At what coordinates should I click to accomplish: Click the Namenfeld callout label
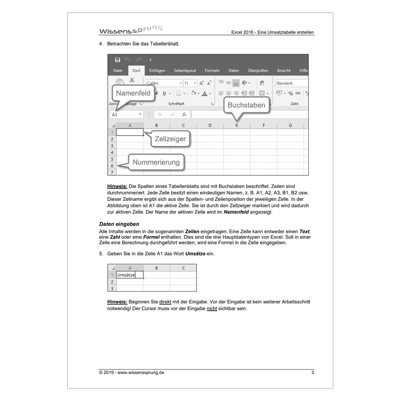(133, 94)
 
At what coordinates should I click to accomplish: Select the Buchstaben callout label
(246, 105)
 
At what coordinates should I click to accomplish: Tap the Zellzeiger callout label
(170, 139)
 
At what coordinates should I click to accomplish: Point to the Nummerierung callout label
(156, 162)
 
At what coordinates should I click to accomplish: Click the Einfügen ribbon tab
(157, 71)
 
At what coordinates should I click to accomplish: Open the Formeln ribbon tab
(212, 71)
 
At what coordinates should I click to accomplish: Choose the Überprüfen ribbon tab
(258, 71)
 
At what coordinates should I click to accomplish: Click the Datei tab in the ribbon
(118, 71)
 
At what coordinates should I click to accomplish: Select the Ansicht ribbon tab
(284, 71)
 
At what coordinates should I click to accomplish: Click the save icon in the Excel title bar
(117, 60)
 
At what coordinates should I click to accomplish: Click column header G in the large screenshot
(291, 125)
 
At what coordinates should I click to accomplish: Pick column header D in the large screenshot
(210, 125)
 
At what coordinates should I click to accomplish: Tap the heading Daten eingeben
(119, 223)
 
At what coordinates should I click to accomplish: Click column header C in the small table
(183, 268)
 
